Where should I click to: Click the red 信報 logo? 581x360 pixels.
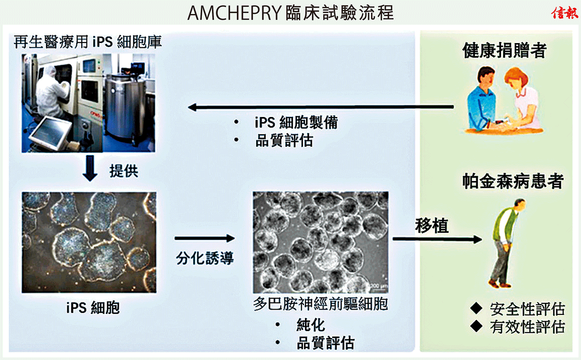[565, 13]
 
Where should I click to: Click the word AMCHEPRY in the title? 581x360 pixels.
[234, 13]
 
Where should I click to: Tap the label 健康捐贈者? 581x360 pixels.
[505, 50]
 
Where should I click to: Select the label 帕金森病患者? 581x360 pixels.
[513, 181]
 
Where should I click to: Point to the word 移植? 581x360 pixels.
[431, 225]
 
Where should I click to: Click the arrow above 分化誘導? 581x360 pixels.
[205, 238]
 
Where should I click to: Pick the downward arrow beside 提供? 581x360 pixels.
[90, 168]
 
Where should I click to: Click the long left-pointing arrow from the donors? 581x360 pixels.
[321, 107]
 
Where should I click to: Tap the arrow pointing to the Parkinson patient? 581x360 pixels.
[437, 239]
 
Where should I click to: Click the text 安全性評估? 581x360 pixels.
[527, 309]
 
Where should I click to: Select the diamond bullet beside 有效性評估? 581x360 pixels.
[476, 326]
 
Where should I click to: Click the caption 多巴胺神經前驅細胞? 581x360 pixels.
[321, 304]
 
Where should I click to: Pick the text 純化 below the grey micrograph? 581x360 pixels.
[310, 325]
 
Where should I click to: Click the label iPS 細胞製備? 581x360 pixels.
[296, 122]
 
